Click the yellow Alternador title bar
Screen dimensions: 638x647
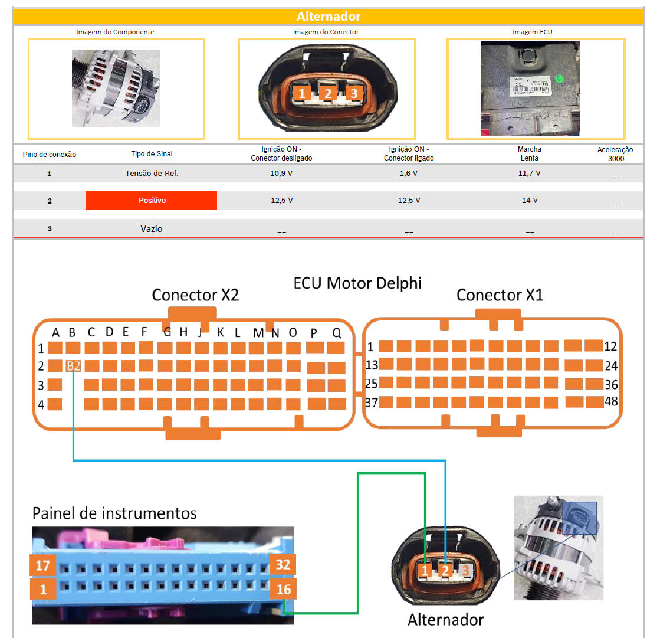point(328,17)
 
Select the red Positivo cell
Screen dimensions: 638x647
point(152,201)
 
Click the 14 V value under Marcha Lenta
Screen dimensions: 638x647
point(529,201)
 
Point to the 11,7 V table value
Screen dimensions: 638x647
point(529,174)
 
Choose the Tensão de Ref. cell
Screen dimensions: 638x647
point(152,174)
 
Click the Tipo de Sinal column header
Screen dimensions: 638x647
point(152,154)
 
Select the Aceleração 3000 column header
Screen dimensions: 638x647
point(615,154)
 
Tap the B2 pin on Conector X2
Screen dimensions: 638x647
point(73,366)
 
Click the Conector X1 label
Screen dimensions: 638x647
point(500,295)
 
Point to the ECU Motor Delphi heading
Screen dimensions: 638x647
point(357,283)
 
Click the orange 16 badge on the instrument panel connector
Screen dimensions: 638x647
point(283,589)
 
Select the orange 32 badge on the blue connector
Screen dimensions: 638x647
point(283,565)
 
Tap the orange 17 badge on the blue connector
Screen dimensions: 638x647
point(42,565)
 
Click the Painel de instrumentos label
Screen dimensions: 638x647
point(114,512)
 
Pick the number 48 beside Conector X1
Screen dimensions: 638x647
point(611,403)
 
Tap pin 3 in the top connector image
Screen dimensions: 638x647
point(353,93)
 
